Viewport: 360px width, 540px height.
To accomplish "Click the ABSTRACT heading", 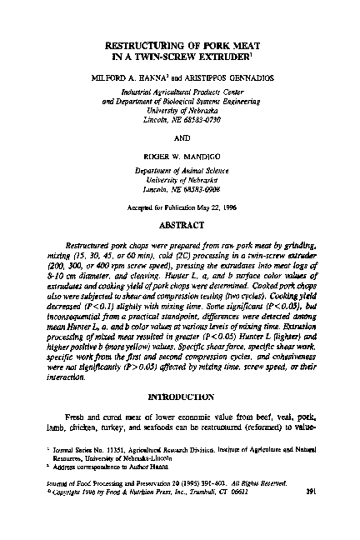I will [181, 224].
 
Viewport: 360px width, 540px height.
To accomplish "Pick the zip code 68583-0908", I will [198, 189].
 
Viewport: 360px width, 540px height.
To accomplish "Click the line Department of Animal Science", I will [181, 170].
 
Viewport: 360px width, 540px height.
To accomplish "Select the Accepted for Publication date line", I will [181, 207].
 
